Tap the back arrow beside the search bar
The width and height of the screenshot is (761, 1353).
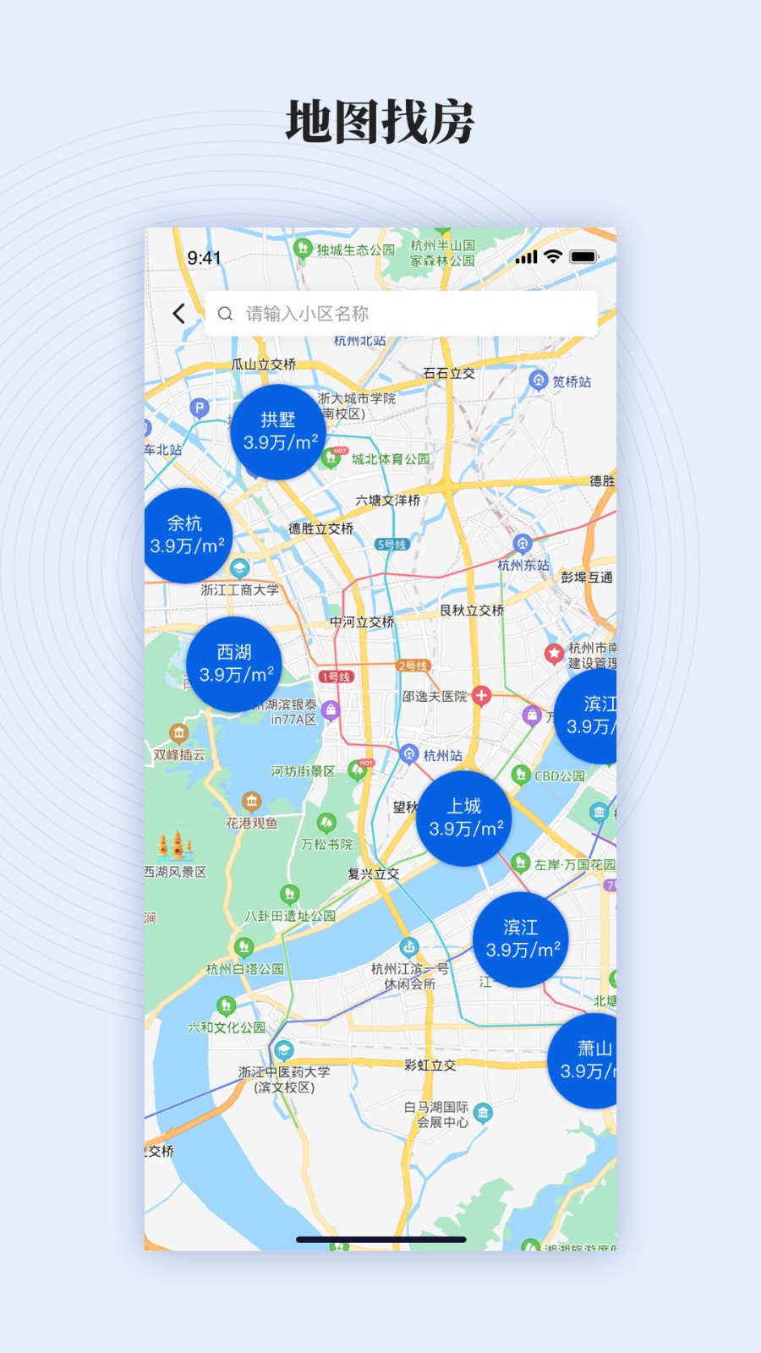coord(179,314)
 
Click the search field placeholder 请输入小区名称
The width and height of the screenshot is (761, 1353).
coord(307,314)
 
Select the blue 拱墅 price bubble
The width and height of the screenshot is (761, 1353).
coord(278,431)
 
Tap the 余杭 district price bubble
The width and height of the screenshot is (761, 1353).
coord(185,534)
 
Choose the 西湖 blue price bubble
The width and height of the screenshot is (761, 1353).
coord(234,664)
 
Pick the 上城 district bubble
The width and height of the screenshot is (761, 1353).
coord(464,818)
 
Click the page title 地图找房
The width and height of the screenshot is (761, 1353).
coord(380,122)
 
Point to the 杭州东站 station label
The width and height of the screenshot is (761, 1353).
coord(523,565)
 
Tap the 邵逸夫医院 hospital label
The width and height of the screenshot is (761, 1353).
coord(435,697)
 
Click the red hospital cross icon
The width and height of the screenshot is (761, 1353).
coord(481,695)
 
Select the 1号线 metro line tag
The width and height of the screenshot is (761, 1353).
coord(335,676)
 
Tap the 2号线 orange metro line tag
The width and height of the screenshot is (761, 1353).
coord(413,666)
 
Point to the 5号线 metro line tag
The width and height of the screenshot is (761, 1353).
coord(391,545)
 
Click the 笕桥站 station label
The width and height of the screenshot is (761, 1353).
coord(572,382)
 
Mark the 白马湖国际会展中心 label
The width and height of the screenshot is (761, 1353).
coord(436,1115)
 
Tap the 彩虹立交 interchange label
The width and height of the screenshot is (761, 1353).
coord(430,1065)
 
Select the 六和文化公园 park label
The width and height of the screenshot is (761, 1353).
coord(227,1027)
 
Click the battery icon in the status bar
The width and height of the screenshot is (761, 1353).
coord(583,257)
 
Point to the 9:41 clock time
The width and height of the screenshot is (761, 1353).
coord(204,258)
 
